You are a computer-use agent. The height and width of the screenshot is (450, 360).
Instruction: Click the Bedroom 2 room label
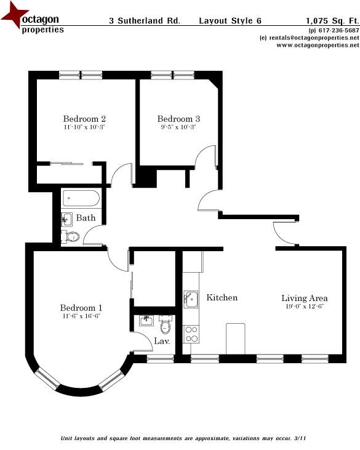pos(85,119)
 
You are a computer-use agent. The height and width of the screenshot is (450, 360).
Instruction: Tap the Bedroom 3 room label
pos(178,119)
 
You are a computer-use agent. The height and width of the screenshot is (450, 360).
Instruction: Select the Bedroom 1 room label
pos(81,308)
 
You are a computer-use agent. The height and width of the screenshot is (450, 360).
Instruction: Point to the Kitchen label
pos(222,298)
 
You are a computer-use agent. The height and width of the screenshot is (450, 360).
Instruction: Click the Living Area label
pos(304,298)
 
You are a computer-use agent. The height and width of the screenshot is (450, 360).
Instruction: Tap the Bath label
pos(86,218)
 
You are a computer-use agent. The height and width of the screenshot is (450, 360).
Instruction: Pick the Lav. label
pos(162,340)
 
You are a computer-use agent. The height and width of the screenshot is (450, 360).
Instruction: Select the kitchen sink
pos(191,299)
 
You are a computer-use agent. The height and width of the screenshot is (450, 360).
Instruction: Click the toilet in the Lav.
pos(164,324)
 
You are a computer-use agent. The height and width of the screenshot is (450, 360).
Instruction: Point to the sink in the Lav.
pos(146,320)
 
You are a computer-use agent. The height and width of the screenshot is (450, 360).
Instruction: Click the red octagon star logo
pos(14,17)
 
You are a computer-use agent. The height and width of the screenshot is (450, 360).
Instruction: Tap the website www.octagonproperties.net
pos(313,45)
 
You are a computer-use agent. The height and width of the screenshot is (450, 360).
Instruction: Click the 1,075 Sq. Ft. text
pos(332,20)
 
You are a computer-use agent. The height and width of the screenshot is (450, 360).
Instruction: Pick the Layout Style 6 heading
pos(230,20)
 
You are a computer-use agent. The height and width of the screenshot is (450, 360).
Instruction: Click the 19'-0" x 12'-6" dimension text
pos(304,307)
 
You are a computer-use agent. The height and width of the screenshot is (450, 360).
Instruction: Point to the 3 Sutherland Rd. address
pos(145,20)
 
